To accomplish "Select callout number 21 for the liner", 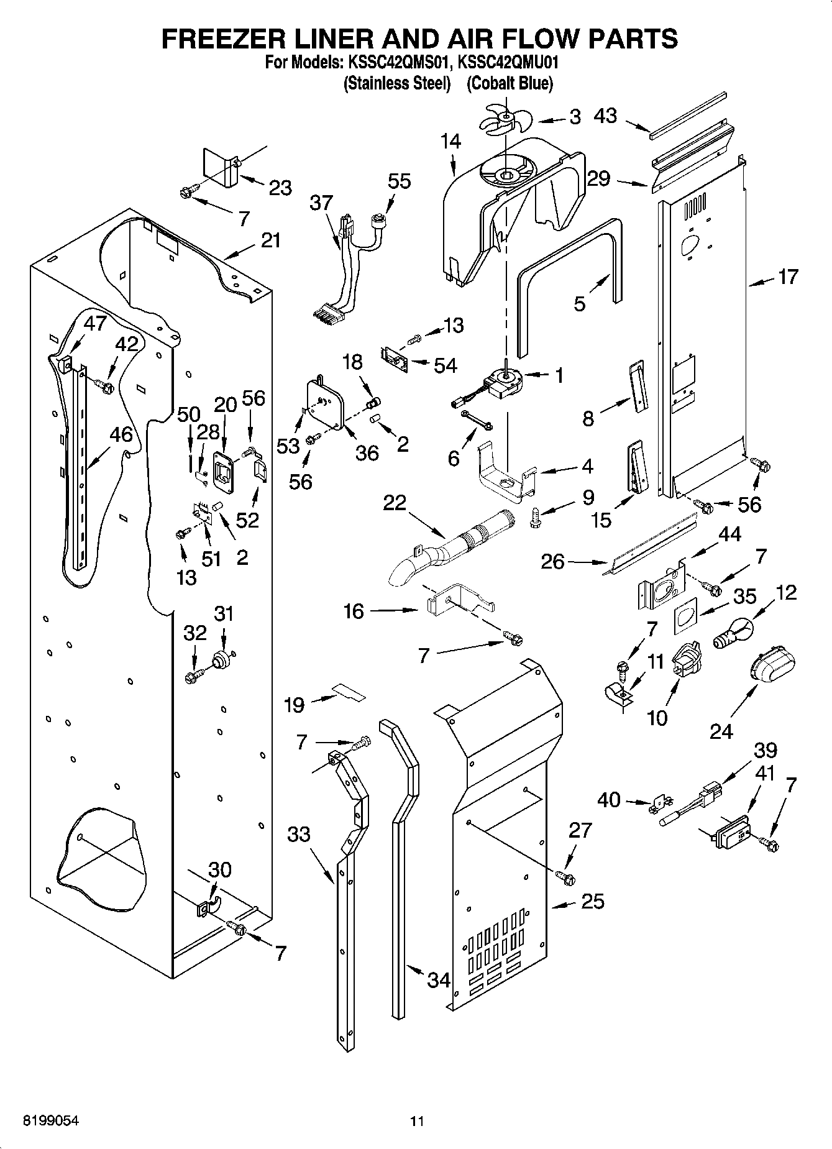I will (x=270, y=240).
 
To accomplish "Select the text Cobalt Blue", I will (x=510, y=83).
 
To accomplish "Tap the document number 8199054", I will (x=51, y=1121).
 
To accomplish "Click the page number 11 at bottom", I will (x=417, y=1121).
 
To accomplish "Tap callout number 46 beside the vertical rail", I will (x=121, y=434).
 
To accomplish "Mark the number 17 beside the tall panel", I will (x=787, y=277).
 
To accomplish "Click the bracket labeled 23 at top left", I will (x=222, y=168).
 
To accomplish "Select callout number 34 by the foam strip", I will (x=439, y=980).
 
